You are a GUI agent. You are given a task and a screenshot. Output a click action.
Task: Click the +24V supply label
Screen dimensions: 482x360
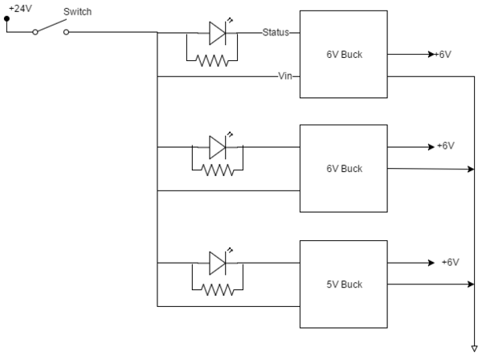20,8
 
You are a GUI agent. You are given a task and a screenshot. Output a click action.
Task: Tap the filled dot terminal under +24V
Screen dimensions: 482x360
6,18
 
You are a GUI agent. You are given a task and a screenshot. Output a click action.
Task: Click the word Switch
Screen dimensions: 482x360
77,12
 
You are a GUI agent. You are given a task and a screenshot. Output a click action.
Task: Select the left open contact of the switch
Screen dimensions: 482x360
35,32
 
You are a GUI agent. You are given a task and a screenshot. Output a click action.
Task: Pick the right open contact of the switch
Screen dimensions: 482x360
66,32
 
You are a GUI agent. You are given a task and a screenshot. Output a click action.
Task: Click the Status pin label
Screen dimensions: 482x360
276,32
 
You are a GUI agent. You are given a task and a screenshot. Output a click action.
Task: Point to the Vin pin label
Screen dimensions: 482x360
285,76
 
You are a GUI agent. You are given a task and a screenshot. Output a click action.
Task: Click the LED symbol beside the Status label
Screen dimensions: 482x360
218,33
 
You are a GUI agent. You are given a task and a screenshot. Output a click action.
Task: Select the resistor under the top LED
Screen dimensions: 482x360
212,60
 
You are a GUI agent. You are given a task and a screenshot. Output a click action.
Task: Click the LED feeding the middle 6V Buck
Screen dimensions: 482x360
218,147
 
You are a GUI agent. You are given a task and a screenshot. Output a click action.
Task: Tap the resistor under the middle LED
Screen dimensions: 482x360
218,170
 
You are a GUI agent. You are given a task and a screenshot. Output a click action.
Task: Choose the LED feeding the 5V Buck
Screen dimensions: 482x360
218,263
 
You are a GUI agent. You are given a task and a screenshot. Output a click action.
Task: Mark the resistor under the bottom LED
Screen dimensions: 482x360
218,289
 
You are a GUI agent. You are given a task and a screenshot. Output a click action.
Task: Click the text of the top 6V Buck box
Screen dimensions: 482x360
345,55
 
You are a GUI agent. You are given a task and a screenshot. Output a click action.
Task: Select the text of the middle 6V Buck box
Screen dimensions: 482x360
345,169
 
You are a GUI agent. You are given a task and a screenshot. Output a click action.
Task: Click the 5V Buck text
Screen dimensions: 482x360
345,284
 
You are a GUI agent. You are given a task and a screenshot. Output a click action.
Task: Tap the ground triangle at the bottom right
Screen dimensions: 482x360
474,349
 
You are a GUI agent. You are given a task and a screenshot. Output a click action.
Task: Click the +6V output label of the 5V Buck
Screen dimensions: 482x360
451,262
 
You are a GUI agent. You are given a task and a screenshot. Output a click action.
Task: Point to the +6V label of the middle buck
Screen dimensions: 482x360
446,145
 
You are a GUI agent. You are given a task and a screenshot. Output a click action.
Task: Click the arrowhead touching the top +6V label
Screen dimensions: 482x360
431,55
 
